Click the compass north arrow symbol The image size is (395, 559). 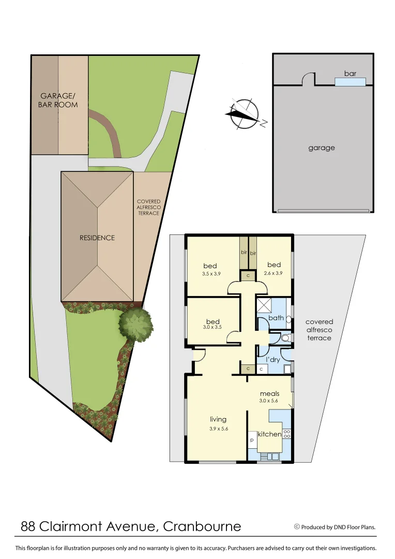click(244, 113)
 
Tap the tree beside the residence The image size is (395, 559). click(135, 323)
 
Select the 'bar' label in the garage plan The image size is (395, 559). click(350, 73)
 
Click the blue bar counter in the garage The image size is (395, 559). click(350, 82)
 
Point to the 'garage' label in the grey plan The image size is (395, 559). click(322, 148)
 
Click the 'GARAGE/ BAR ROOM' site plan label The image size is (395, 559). click(59, 100)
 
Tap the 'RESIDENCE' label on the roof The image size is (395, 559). click(97, 238)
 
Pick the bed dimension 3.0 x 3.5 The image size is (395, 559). click(212, 327)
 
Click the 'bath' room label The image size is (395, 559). click(276, 318)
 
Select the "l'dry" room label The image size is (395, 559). click(274, 359)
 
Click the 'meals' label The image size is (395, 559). click(269, 393)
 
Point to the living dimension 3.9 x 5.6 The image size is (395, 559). click(218, 429)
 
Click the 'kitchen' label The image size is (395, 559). click(269, 434)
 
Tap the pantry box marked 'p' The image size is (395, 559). click(252, 439)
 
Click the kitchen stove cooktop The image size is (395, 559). click(286, 434)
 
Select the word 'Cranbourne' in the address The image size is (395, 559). click(202, 526)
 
